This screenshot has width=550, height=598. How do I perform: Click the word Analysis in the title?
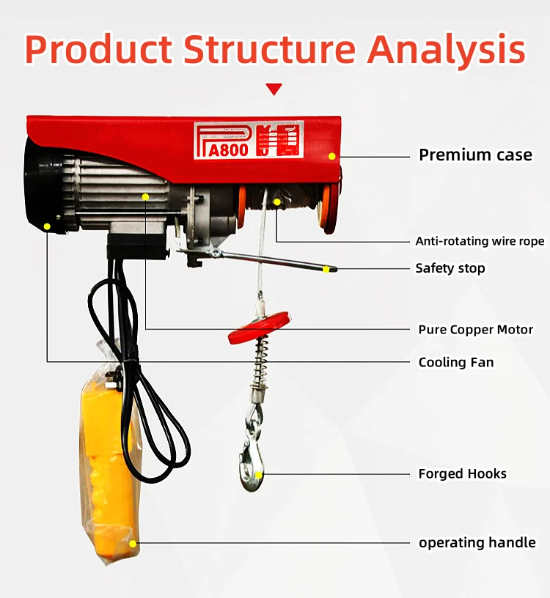point(447,49)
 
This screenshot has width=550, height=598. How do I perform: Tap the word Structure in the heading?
point(269,49)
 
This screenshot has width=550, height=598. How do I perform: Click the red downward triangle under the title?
point(274,89)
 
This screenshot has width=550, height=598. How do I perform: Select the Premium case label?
point(475,155)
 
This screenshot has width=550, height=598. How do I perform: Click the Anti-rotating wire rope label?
point(480,241)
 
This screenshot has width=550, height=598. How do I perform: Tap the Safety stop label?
point(450,268)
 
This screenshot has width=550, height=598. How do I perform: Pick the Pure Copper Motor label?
point(475,329)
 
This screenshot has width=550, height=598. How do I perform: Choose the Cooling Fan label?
point(455,362)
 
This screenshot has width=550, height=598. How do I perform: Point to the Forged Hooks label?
point(462,474)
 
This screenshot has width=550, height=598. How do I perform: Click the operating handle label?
point(477,543)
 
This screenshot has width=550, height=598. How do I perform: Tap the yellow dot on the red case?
point(331,156)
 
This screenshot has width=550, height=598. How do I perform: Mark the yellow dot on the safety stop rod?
point(326,269)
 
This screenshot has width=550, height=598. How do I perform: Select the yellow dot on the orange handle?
point(133,544)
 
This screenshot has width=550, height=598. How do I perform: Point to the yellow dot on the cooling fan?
point(48,226)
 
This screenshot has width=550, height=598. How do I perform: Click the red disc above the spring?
point(259,328)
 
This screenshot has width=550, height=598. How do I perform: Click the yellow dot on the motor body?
point(146,197)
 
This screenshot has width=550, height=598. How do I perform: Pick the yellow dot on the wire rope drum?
point(277,202)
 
